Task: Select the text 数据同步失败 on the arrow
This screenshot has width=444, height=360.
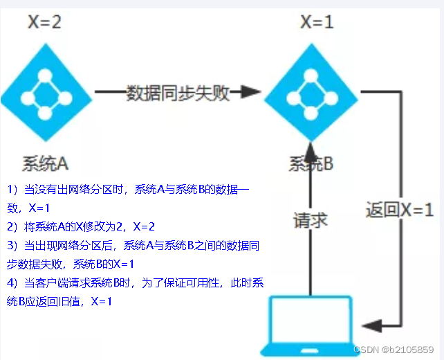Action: (178, 93)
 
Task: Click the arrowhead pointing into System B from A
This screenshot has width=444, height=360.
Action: (250, 93)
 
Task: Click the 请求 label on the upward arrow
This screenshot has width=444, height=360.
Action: (310, 221)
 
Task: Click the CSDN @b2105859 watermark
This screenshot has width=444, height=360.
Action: (394, 350)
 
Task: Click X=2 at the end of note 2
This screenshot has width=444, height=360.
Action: (144, 226)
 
